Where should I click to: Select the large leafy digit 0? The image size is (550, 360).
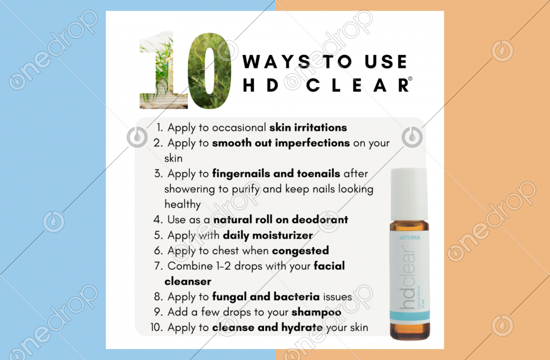pos(210,70)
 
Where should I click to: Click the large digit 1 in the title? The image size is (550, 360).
pos(163,70)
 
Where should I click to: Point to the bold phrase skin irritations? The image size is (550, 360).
pos(308,128)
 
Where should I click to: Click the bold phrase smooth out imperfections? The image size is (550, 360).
pos(281,143)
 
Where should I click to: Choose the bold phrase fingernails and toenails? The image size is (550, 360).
pos(276,174)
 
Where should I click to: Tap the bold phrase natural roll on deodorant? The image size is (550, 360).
pos(280,219)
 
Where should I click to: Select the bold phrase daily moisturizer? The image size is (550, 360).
pos(268,235)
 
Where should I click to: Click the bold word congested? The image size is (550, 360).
pos(300,251)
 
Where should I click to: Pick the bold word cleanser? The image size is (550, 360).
pos(188,281)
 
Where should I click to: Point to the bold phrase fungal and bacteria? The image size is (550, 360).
pos(266,297)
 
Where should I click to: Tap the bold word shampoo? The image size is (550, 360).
pos(316,312)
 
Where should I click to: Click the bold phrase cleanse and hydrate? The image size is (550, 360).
pos(267,328)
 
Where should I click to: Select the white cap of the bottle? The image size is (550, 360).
pos(409,194)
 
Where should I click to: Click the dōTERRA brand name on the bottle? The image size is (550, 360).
pos(410,237)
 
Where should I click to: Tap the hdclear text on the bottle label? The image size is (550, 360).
pos(408,277)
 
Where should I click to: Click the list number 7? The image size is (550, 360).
pos(158,266)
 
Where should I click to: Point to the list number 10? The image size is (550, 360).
pos(157,328)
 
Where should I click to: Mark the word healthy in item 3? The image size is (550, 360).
pos(183,204)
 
